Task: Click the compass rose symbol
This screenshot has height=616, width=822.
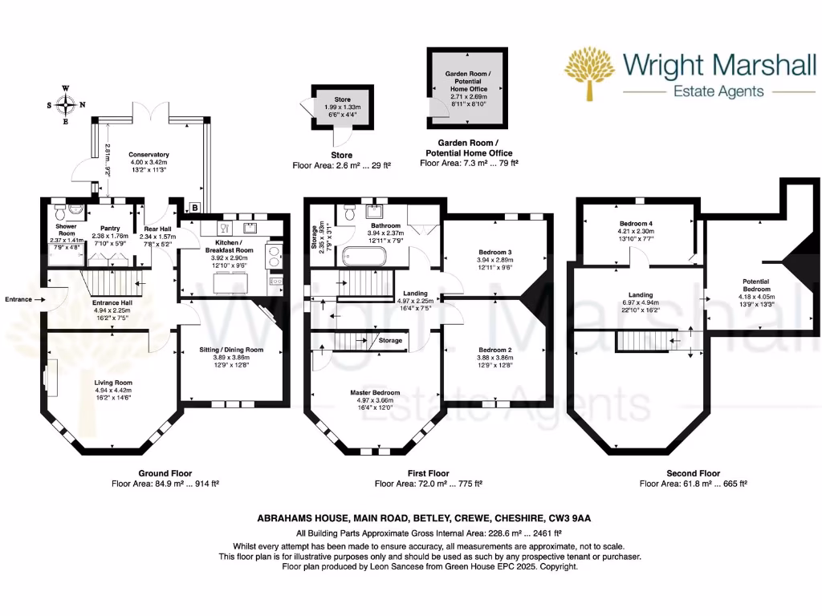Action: (67, 103)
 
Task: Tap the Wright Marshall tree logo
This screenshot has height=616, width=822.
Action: (592, 74)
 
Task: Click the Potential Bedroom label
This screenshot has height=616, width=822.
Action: (756, 286)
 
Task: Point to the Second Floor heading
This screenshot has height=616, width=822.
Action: (694, 473)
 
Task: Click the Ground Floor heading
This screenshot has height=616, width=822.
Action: (165, 473)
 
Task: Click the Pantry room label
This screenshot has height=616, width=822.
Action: (110, 228)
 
